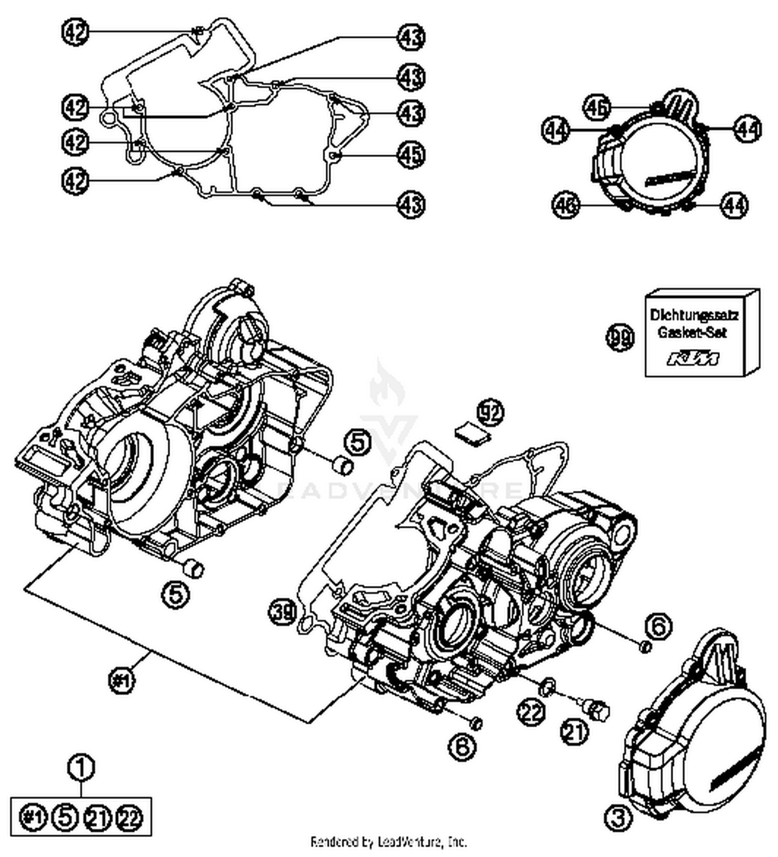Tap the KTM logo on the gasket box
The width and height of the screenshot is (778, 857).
[693, 359]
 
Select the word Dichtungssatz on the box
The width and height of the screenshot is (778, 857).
[694, 315]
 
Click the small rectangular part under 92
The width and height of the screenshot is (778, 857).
[473, 434]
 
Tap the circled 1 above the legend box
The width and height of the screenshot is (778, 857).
[81, 767]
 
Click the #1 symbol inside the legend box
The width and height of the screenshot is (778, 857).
[33, 818]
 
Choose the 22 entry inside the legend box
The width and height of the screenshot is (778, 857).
[129, 818]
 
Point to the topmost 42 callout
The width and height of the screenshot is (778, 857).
[75, 32]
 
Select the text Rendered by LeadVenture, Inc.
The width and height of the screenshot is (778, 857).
[388, 841]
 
